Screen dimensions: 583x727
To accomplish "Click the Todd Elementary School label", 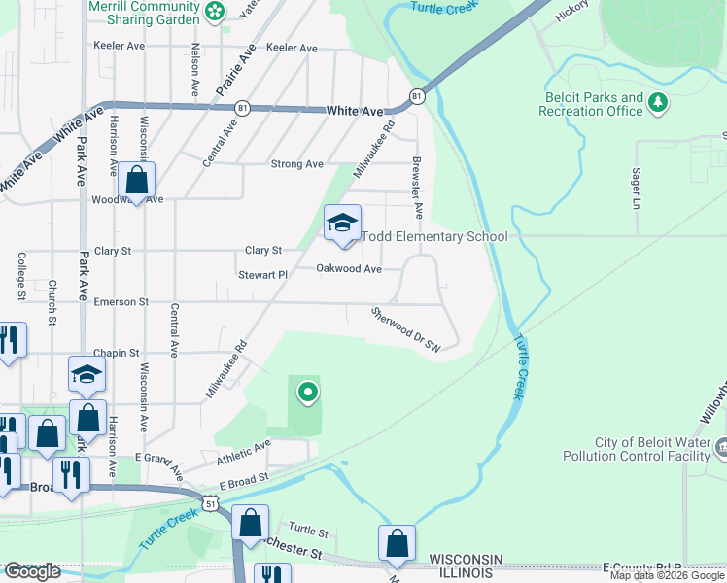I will pos(434,236).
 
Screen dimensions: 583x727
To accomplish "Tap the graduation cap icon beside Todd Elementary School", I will pos(342,223).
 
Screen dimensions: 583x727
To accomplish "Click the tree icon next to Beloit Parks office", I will pos(659,101).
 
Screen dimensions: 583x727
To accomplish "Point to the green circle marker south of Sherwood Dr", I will pos(308,393).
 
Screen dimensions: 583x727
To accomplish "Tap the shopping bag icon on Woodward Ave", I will pos(137,180).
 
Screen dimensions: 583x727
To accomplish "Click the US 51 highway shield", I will pos(211,499).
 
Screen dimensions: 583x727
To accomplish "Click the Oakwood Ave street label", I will pos(349,269).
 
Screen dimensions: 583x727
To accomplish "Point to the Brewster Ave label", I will pos(417,187).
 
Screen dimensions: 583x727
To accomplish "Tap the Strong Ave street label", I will pos(296,164).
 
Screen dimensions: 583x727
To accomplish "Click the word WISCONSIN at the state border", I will pos(465,559).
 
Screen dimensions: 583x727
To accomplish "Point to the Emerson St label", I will pos(121,302).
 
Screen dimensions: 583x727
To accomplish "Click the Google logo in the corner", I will pos(32,571).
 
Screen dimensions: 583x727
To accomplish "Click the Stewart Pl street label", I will pos(263,275).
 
